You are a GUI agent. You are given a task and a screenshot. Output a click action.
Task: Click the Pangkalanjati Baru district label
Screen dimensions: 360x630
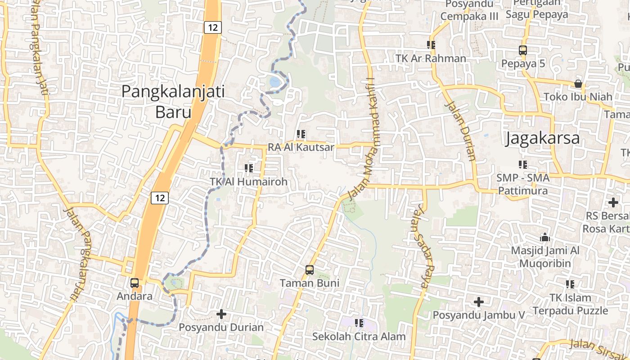173,102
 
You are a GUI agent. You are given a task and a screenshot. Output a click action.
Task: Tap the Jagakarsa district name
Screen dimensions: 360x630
542,138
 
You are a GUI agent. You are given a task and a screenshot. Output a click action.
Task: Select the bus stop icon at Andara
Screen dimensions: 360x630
135,283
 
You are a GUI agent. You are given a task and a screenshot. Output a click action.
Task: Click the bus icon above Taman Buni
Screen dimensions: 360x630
310,270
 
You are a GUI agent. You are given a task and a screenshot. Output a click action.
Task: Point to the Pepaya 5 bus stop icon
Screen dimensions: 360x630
523,50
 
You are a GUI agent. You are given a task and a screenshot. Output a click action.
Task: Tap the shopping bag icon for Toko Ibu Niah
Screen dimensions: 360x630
578,84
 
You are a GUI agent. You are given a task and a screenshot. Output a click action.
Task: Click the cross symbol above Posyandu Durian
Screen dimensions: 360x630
221,314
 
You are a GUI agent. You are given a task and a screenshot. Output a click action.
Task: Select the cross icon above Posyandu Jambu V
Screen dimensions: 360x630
479,301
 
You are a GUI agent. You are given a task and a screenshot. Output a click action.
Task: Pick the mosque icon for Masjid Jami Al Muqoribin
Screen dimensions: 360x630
545,237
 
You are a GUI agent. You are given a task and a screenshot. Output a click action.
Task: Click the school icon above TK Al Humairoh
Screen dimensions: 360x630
248,168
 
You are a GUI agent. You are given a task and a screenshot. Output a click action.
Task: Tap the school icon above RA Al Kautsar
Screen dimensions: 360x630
301,134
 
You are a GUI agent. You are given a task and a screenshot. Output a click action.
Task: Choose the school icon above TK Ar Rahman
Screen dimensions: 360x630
431,45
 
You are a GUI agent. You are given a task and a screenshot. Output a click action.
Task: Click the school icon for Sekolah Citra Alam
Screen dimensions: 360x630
359,323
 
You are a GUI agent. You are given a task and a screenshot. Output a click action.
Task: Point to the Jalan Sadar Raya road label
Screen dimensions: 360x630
424,246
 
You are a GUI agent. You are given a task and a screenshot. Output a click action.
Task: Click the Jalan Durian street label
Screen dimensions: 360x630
460,131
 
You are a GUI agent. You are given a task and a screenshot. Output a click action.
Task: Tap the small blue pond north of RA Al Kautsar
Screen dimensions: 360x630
274,82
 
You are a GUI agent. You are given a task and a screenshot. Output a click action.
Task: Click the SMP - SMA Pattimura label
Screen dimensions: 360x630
522,184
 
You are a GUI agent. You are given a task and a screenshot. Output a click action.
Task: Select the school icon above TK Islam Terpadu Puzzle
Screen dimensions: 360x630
570,284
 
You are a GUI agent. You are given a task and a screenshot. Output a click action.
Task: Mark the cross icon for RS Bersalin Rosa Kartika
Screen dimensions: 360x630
613,202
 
